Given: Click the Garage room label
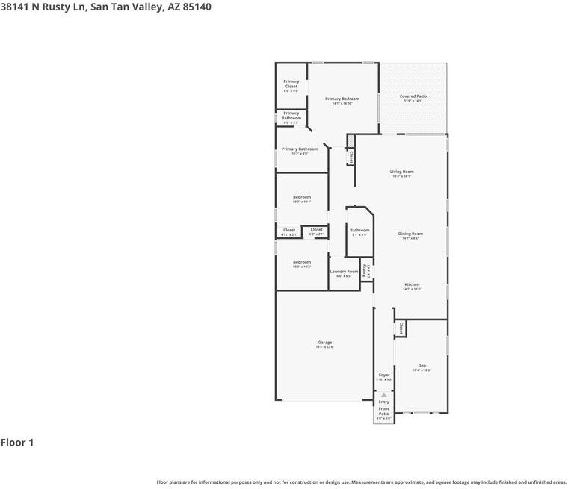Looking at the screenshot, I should (324, 343).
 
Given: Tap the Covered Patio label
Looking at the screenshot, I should (413, 96).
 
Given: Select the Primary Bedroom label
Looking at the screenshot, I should (342, 99).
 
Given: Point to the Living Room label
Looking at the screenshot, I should (401, 172).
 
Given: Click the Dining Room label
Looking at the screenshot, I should (410, 234).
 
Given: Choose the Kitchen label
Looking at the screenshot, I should (412, 284).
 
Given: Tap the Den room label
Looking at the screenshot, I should (422, 366).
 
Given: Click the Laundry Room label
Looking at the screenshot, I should (344, 272).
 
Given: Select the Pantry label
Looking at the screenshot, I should (364, 270).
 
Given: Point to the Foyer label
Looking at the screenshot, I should (384, 375).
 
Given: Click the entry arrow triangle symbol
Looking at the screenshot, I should (384, 395).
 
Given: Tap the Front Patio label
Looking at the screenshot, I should (383, 411).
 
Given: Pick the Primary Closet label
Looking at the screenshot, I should (291, 84).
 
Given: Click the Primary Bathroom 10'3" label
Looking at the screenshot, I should (300, 149).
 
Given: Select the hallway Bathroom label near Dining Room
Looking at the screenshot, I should (359, 230).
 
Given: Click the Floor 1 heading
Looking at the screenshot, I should (17, 443).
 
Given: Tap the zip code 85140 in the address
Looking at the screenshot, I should (195, 7).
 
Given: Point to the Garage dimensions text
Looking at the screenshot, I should (324, 347).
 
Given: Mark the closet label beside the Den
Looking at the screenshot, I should (401, 328).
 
